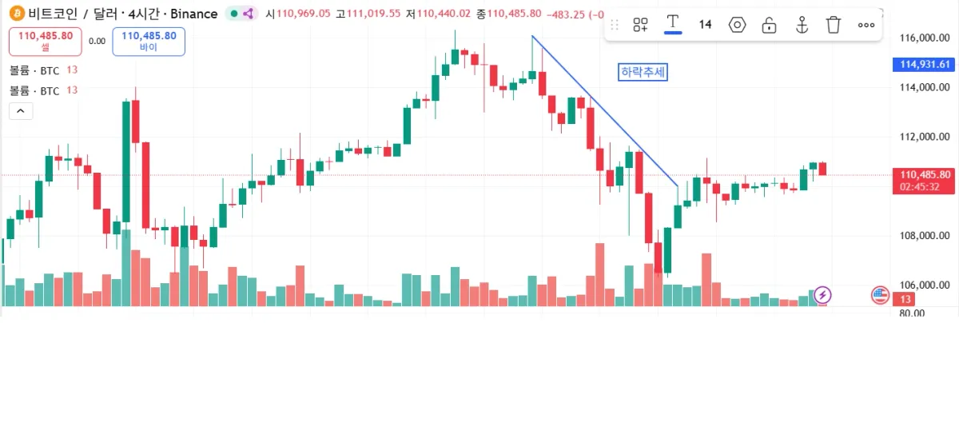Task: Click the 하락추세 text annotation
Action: (x=643, y=72)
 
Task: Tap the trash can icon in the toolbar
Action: (x=834, y=25)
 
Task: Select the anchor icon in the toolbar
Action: (x=802, y=25)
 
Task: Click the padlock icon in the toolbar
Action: (x=769, y=25)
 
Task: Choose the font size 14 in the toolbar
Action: (x=705, y=25)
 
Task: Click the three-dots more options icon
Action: (x=866, y=25)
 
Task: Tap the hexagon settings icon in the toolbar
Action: (x=737, y=25)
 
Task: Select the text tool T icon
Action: (x=673, y=23)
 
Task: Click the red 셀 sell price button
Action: (x=45, y=41)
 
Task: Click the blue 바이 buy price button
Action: (x=149, y=41)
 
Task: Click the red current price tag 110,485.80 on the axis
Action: (x=925, y=174)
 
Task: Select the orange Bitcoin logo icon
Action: (x=16, y=14)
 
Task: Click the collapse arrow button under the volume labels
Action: (x=21, y=111)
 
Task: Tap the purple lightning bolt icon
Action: (x=822, y=295)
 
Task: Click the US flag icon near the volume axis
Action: (x=880, y=295)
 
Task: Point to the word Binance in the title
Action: (x=193, y=14)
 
